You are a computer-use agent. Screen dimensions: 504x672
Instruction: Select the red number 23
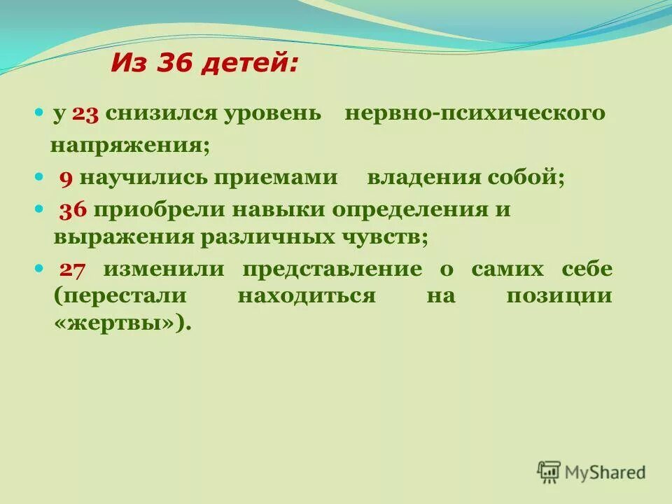(x=87, y=113)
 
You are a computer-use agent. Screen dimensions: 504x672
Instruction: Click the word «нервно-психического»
(x=475, y=113)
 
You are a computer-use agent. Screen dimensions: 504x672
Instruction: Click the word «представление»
(x=332, y=269)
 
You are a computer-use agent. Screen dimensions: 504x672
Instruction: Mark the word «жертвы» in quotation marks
(x=118, y=323)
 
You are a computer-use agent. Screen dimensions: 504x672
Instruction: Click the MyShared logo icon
(x=549, y=471)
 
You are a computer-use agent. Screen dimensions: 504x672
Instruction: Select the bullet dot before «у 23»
(x=39, y=113)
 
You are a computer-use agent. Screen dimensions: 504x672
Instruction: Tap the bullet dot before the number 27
(x=39, y=269)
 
